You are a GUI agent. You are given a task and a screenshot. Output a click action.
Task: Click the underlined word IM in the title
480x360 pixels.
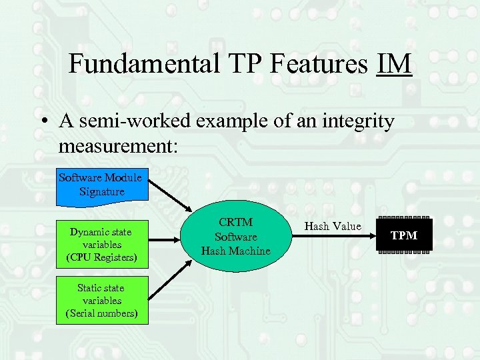pyautogui.click(x=394, y=64)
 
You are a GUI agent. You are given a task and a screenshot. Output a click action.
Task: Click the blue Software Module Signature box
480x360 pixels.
pyautogui.click(x=100, y=185)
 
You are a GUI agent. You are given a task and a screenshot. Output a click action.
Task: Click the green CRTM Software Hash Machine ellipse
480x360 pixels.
pyautogui.click(x=236, y=237)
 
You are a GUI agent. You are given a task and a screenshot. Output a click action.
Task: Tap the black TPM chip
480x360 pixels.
pyautogui.click(x=404, y=236)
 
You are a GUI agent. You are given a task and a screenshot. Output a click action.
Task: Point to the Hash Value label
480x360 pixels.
pyautogui.click(x=333, y=226)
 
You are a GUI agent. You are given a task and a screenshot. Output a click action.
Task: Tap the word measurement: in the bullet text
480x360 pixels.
pyautogui.click(x=119, y=145)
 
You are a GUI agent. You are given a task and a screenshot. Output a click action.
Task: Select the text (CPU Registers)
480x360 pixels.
pyautogui.click(x=101, y=257)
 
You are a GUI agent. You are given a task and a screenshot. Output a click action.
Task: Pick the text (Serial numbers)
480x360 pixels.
pyautogui.click(x=101, y=313)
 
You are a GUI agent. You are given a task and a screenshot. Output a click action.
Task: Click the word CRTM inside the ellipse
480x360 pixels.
pyautogui.click(x=236, y=223)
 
